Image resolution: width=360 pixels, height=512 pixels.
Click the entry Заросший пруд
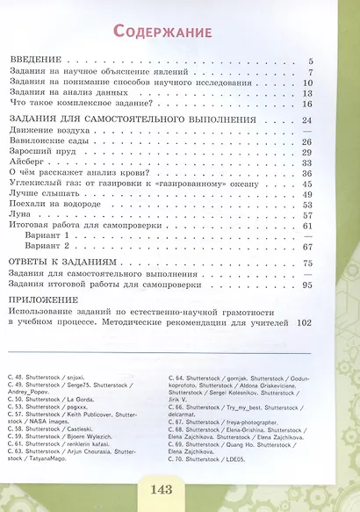click(x=38, y=151)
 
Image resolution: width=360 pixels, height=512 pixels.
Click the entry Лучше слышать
click(x=41, y=193)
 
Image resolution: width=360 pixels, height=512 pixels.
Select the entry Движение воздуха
click(x=46, y=130)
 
